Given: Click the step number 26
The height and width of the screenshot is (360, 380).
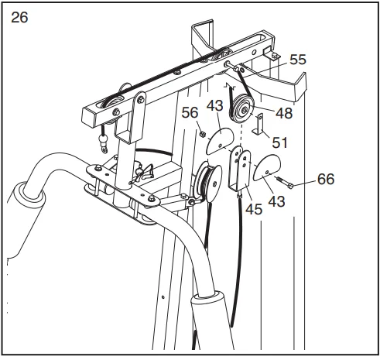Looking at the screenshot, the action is point(19,18).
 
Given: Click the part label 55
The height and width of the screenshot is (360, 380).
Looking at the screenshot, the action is point(298,60).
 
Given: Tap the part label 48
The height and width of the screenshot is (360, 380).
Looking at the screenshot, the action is point(284,113).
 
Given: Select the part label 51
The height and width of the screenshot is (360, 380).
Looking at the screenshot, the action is point(279,142).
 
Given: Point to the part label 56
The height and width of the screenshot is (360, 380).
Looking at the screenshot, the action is point(190,113).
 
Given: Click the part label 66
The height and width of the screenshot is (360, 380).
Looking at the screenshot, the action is point(326,179).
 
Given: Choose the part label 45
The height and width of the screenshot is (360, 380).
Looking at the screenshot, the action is point(254,209).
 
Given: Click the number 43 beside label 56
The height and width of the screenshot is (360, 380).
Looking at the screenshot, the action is point(214,106).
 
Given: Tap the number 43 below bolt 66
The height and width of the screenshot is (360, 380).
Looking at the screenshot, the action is point(276,201).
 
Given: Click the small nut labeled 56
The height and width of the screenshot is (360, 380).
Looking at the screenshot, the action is point(203,134).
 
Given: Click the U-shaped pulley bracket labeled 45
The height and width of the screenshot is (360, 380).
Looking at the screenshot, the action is point(239,170).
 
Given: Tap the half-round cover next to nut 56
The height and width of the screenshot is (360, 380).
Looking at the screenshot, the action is point(220,141).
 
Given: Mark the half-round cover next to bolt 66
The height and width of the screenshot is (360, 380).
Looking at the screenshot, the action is point(267,167).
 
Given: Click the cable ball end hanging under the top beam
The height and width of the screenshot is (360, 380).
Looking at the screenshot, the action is point(104,142).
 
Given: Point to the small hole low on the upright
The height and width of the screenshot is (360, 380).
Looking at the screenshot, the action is point(163,297).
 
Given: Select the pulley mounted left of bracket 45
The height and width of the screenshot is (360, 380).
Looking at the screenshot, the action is point(209,181).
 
